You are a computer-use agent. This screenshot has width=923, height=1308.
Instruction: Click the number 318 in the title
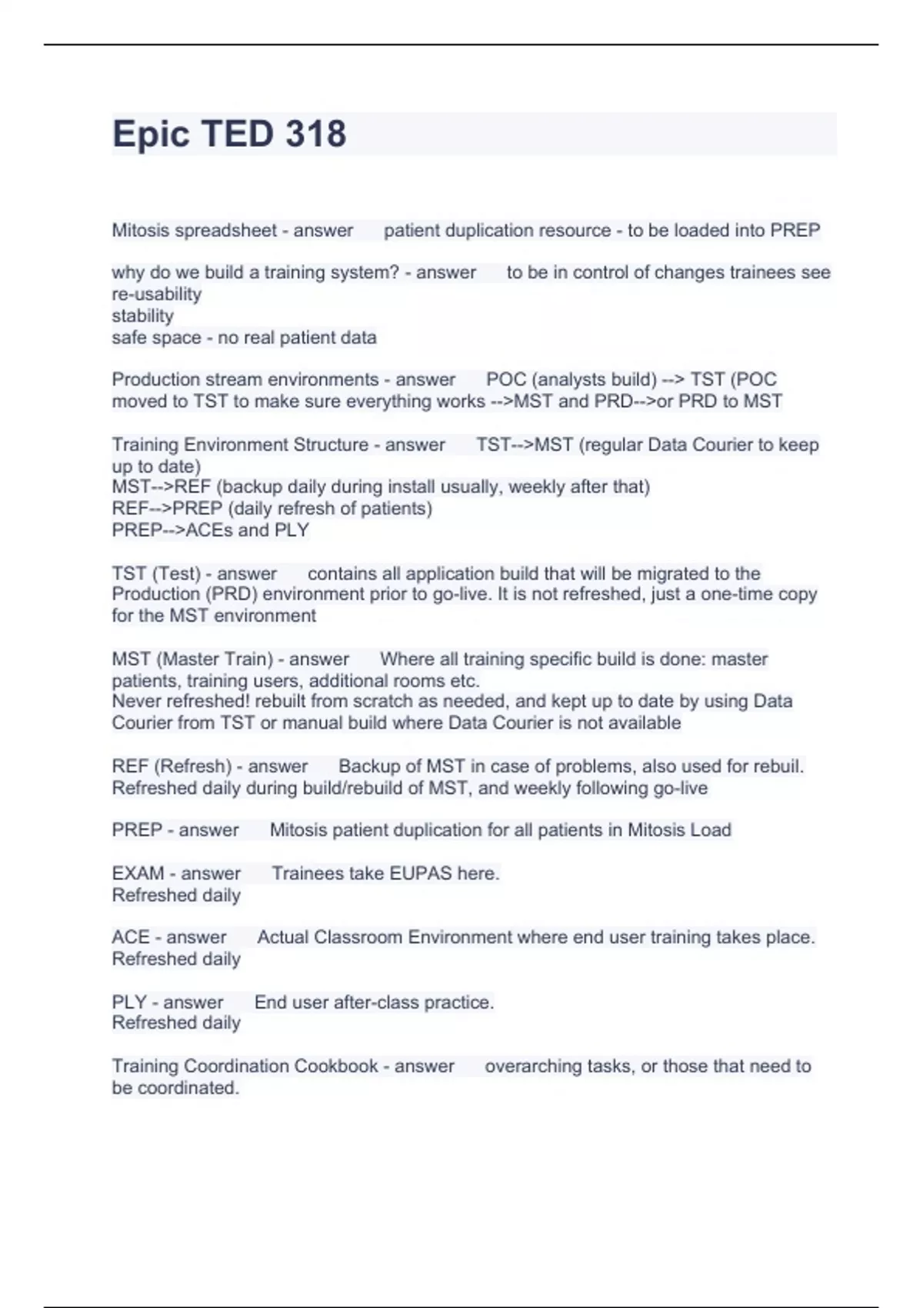click(315, 134)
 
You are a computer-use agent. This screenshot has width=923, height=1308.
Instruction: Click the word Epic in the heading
click(151, 134)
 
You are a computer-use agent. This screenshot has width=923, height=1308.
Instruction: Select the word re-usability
click(157, 294)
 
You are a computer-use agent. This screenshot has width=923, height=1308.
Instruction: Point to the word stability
click(143, 315)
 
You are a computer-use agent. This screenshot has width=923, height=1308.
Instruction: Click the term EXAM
click(138, 873)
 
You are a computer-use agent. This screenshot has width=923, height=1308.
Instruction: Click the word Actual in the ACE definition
click(282, 937)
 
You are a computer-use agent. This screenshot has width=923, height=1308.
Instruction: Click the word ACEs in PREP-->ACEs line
click(208, 530)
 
